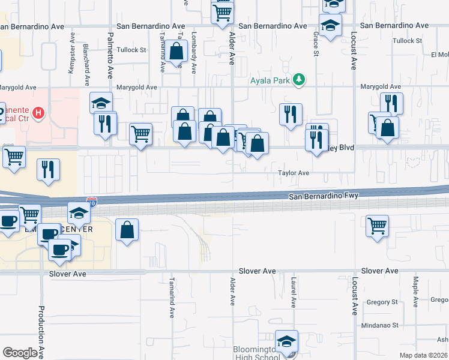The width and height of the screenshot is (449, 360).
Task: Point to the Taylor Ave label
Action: click(293, 173)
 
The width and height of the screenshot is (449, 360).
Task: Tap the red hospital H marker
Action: click(38, 112)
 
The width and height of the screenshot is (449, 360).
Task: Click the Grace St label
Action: click(315, 45)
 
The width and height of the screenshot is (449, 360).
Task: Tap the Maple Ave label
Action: click(415, 291)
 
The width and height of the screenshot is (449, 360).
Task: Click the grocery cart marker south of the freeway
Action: click(376, 226)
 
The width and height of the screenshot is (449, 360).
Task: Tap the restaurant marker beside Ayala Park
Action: click(291, 114)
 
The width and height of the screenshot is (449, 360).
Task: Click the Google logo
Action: click(20, 353)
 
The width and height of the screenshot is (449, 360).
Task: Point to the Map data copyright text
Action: click(423, 355)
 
